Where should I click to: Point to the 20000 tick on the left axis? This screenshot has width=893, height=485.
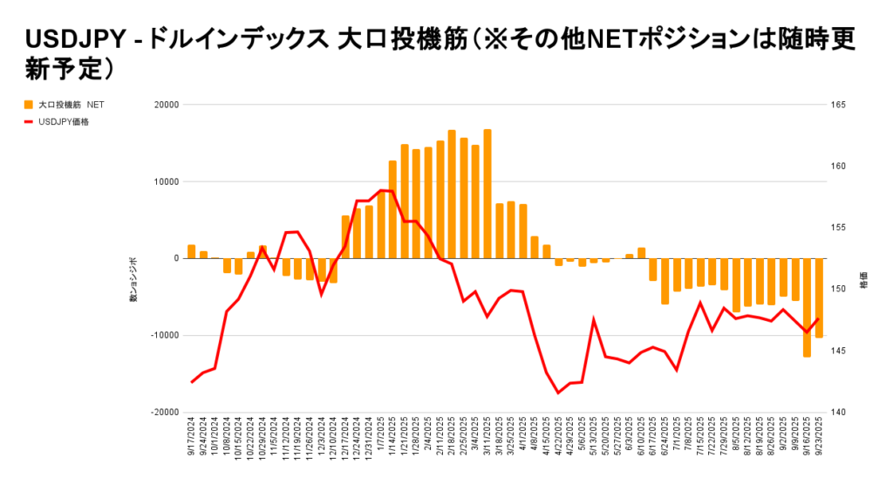click(166, 105)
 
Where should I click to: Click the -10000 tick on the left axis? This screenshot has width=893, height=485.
click(164, 335)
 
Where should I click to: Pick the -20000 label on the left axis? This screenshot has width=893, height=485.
click(164, 412)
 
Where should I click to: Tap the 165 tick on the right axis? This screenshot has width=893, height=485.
click(839, 105)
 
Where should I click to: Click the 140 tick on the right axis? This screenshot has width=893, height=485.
click(839, 412)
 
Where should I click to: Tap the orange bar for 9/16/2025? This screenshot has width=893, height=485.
click(808, 307)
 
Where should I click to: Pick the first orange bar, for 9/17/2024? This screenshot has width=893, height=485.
click(192, 252)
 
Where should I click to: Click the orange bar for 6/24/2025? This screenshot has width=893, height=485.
click(665, 281)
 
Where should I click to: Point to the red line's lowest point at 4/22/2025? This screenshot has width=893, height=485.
click(559, 393)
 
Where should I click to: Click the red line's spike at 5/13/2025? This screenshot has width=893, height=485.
click(594, 320)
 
